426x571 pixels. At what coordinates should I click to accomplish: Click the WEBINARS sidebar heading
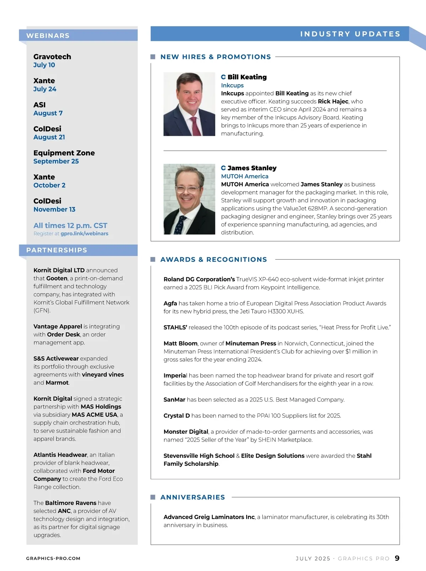pyautogui.click(x=48, y=36)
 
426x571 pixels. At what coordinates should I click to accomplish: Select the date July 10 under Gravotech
pyautogui.click(x=44, y=65)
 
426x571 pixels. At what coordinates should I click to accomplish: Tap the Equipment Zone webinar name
pyautogui.click(x=64, y=153)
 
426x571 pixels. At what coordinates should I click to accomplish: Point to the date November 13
pyautogui.click(x=54, y=209)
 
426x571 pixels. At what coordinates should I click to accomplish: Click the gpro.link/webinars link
pyautogui.click(x=84, y=234)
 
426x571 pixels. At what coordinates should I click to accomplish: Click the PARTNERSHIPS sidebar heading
pyautogui.click(x=56, y=250)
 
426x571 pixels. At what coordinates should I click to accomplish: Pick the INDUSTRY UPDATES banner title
pyautogui.click(x=350, y=34)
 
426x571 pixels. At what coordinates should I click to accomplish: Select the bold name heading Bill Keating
pyautogui.click(x=247, y=77)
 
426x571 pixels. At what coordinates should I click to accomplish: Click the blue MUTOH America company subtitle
pyautogui.click(x=245, y=176)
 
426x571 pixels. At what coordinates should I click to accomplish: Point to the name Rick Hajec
pyautogui.click(x=333, y=101)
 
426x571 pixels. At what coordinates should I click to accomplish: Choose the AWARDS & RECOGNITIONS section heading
pyautogui.click(x=213, y=260)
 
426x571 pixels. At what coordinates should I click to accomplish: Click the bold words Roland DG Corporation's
pyautogui.click(x=199, y=279)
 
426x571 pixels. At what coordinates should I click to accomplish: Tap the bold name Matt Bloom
pyautogui.click(x=180, y=343)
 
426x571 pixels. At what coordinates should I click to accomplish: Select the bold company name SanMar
pyautogui.click(x=174, y=400)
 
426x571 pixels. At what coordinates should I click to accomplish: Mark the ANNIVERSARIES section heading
pyautogui.click(x=192, y=497)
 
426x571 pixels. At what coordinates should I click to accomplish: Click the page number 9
pyautogui.click(x=397, y=558)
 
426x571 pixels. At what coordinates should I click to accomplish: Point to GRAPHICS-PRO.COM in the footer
pyautogui.click(x=53, y=559)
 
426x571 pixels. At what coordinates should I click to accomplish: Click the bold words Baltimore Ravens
pyautogui.click(x=71, y=503)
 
